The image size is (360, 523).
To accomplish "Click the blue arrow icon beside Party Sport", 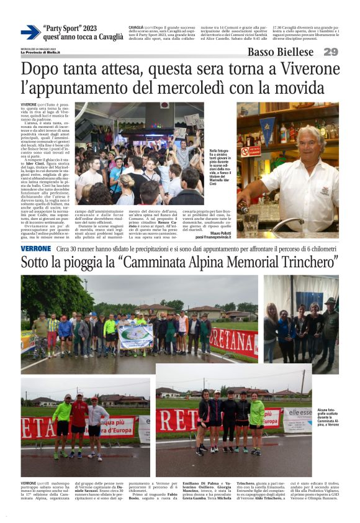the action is point(30,32).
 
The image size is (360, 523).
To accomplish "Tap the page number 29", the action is point(331,52).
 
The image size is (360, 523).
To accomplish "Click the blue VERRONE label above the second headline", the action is point(36,248).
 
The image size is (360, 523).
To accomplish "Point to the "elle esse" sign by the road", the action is point(300,411).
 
